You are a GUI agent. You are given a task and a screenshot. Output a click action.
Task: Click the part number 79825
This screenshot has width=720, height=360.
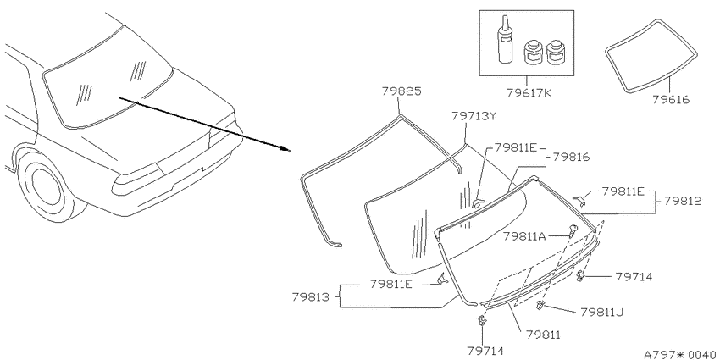402,91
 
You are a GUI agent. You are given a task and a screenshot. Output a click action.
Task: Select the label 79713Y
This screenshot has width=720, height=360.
474,116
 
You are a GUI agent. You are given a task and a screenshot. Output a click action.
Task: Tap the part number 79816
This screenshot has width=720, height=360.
571,158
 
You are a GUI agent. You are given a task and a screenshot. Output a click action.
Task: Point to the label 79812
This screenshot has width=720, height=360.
683,201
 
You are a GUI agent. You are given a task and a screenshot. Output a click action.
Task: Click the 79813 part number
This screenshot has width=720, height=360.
310,297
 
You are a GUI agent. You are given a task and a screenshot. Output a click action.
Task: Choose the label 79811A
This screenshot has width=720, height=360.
524,236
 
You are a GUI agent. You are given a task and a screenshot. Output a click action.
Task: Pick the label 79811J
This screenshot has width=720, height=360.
602,313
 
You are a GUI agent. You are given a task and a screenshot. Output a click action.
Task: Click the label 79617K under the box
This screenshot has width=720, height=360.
529,92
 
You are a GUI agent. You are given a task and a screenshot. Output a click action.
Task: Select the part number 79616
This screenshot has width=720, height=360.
671,100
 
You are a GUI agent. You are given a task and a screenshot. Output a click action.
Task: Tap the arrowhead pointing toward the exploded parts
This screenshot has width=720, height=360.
286,148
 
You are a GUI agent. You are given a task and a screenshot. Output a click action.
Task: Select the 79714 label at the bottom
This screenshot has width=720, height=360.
485,352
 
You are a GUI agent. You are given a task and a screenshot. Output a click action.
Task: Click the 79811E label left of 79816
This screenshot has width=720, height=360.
515,148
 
